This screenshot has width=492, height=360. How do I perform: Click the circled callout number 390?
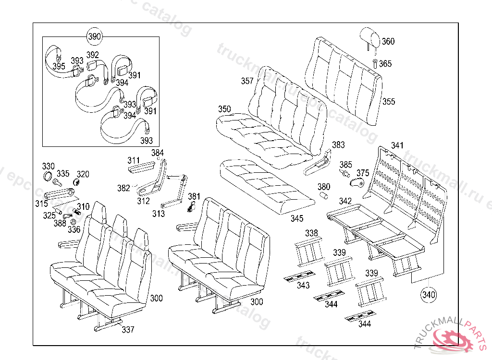[95, 36]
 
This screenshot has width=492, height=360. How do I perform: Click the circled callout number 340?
[429, 294]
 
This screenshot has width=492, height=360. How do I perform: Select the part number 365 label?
[385, 63]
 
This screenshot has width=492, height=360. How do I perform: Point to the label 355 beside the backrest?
[389, 101]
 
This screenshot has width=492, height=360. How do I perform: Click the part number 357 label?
[247, 81]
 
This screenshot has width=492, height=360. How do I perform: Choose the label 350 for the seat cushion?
[224, 109]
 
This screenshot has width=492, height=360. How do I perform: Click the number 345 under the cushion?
[297, 219]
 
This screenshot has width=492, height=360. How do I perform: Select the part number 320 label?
[83, 174]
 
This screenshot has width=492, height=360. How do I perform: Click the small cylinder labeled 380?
[324, 196]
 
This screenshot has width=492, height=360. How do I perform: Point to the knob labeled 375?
[356, 182]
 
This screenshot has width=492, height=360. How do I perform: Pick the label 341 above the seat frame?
[397, 145]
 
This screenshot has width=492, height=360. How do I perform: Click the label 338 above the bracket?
[311, 233]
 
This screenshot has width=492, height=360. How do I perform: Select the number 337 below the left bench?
[128, 329]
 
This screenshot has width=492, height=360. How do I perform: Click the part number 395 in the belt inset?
[59, 66]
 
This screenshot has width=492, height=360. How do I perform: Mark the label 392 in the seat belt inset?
[93, 55]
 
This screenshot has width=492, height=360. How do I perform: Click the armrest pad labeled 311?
[141, 167]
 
